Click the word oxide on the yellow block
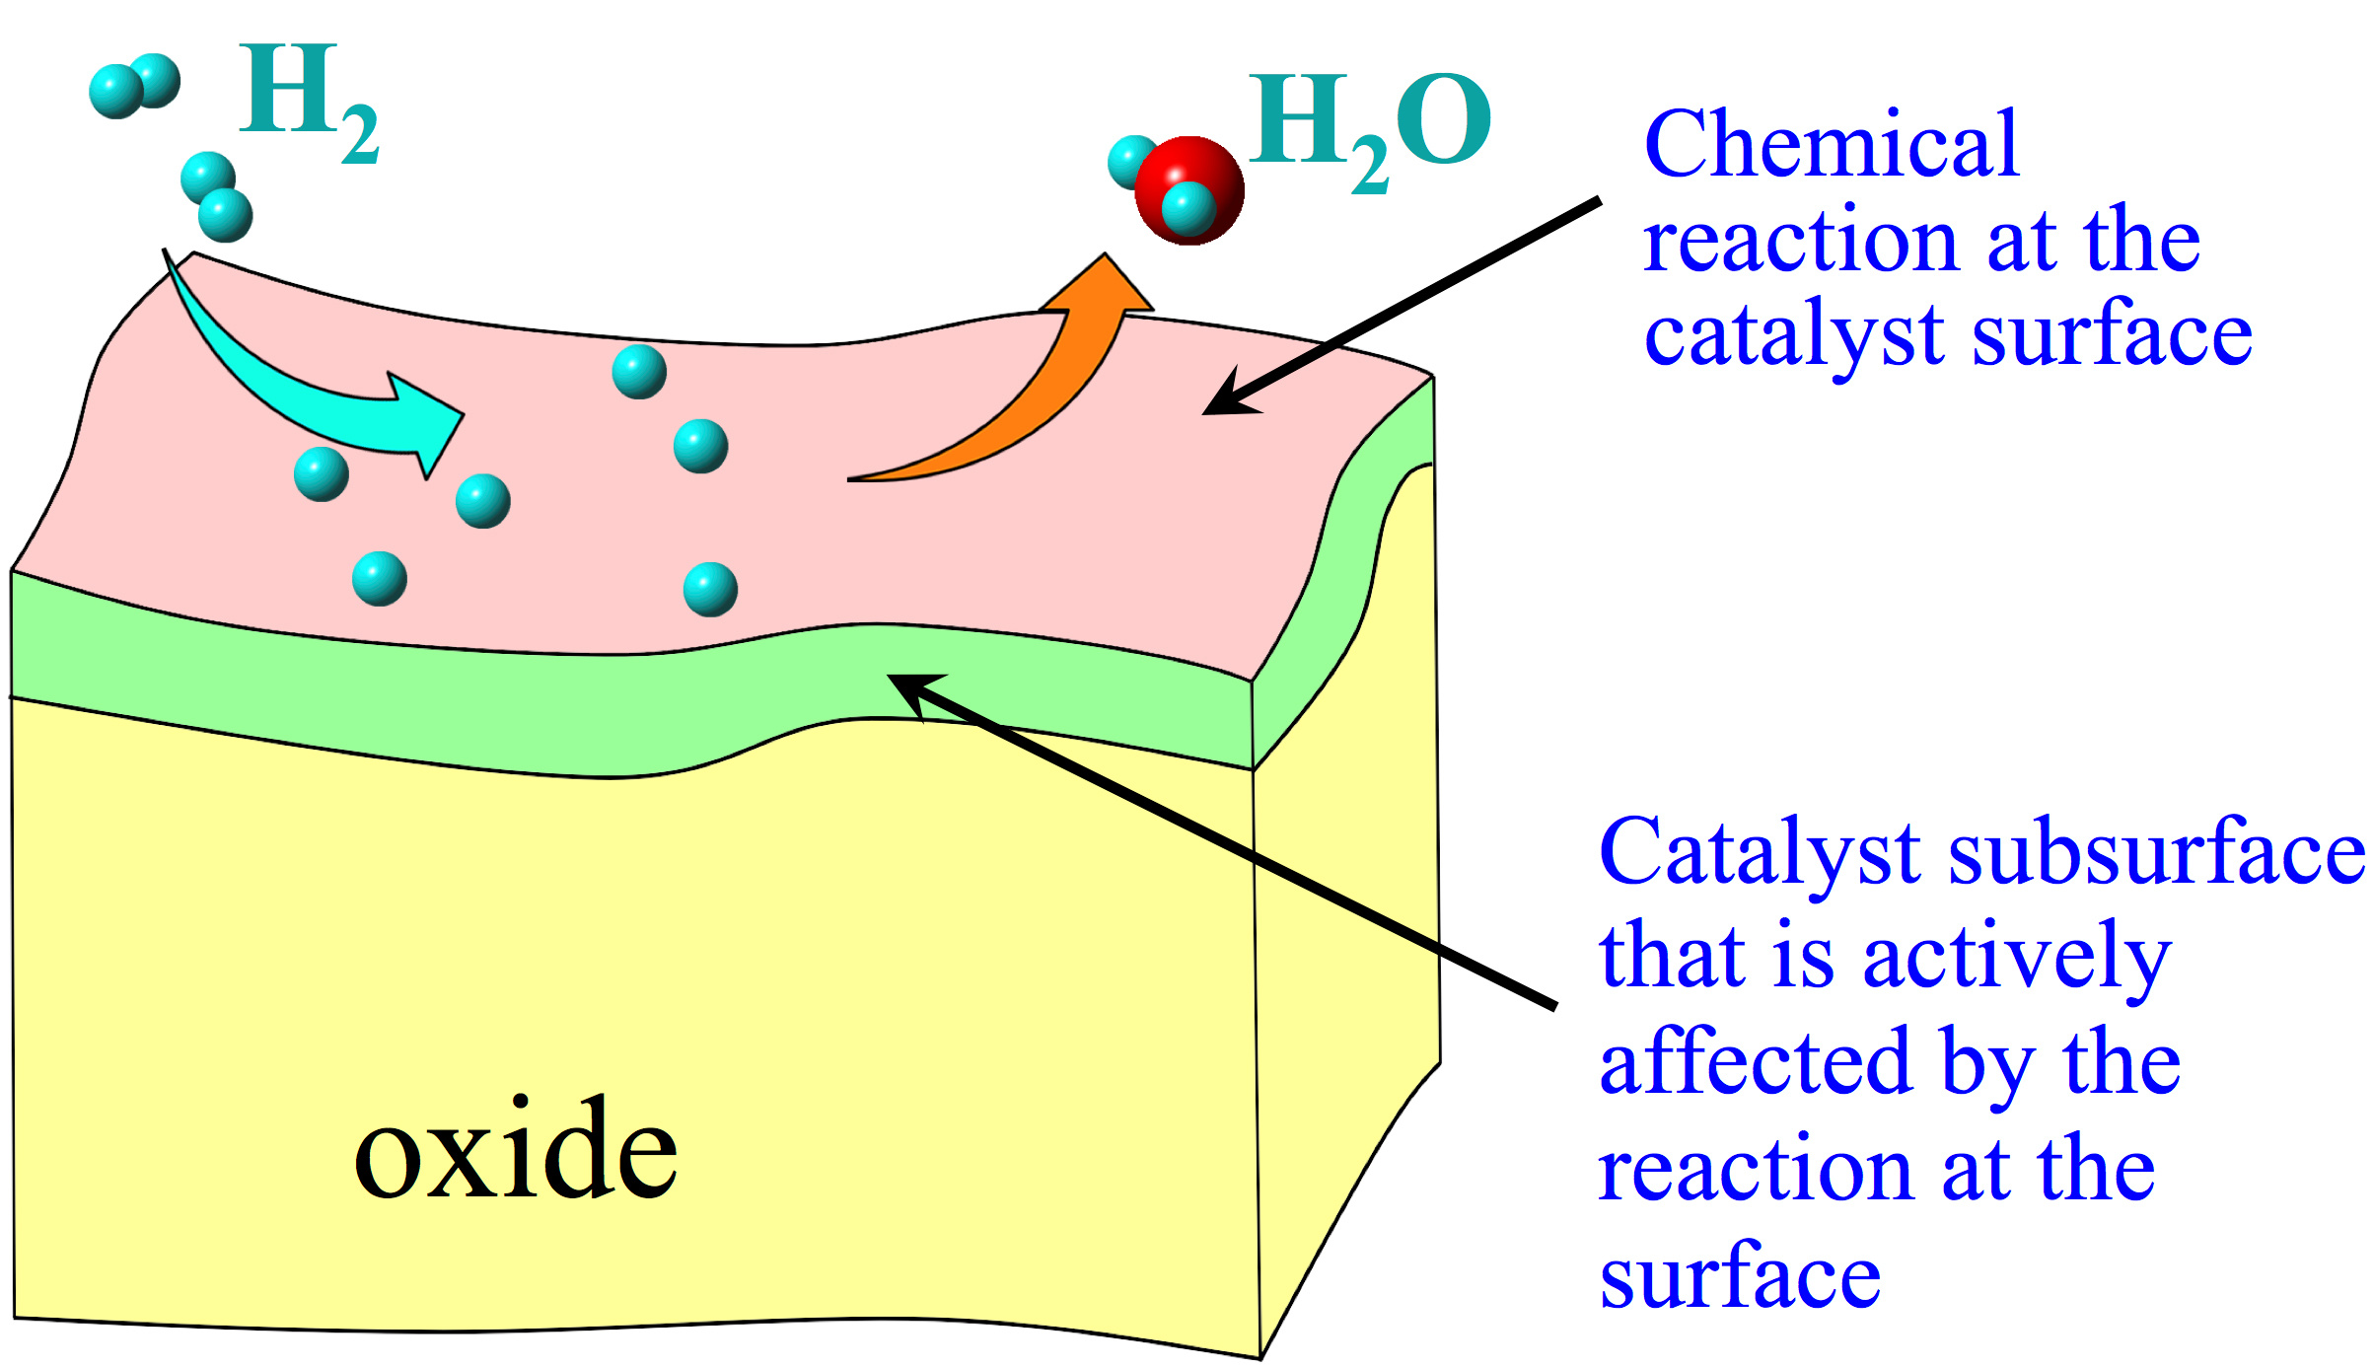(515, 1152)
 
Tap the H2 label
(308, 103)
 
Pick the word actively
(2017, 960)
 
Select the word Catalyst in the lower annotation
(1760, 854)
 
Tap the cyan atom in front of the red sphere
(1188, 209)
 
